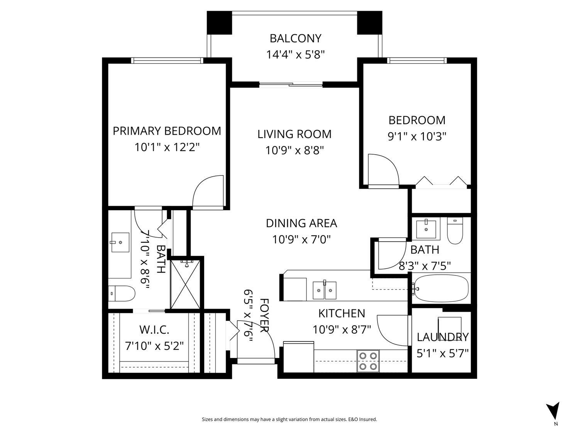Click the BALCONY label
coord(295,39)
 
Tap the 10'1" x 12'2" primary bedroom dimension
coord(167,147)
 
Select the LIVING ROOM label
coord(294,134)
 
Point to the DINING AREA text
coord(301,223)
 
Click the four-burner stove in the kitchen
coord(368,361)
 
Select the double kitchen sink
coord(324,290)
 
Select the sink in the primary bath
coord(119,242)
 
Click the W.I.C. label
coord(154,330)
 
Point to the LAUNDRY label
coord(442,337)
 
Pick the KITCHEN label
coord(342,313)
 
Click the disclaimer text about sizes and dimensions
coord(289,419)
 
